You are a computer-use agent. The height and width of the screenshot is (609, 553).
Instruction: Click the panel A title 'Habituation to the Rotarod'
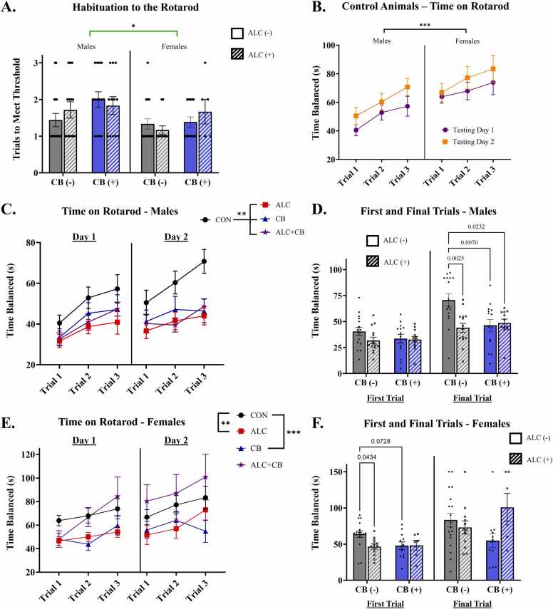tap(135, 7)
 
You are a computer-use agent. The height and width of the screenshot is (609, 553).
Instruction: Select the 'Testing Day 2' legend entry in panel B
tap(468, 142)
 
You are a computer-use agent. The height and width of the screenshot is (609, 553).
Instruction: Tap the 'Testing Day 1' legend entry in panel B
tap(468, 130)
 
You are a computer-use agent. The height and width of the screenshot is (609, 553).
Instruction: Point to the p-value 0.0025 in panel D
tap(455, 258)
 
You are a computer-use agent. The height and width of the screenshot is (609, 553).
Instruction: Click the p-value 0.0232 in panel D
tap(476, 227)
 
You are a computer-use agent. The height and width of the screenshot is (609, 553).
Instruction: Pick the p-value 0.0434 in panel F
tap(366, 457)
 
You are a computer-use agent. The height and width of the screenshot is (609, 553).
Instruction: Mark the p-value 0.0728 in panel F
tap(381, 441)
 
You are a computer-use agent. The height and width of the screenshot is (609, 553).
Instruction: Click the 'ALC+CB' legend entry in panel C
tap(283, 232)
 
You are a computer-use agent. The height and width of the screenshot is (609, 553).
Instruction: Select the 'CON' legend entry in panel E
tap(252, 415)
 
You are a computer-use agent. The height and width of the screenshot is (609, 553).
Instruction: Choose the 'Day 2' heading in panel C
tap(176, 237)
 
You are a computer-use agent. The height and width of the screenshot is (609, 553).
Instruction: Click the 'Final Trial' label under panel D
tap(472, 398)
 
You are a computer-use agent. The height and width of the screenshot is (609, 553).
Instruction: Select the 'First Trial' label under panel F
tap(385, 604)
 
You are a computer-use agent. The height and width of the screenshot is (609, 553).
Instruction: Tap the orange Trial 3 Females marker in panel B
tap(492, 69)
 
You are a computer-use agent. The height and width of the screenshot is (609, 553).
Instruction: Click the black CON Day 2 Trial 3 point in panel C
tap(204, 261)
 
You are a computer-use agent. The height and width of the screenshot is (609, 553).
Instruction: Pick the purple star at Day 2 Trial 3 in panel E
tap(205, 477)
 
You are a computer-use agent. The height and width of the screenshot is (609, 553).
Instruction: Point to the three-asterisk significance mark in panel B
tap(425, 25)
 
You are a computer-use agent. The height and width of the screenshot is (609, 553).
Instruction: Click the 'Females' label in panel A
tap(174, 46)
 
